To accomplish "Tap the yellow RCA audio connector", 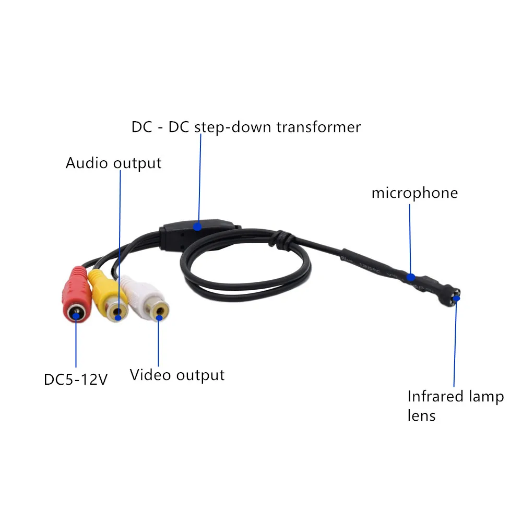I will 107,295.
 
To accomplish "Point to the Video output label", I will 177,375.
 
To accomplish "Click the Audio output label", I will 113,163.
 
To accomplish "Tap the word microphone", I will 414,193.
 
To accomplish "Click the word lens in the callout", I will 421,416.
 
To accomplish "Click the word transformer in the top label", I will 318,127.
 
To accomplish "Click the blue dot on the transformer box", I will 197,227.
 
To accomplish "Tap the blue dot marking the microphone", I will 411,277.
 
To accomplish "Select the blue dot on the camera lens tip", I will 457,299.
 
